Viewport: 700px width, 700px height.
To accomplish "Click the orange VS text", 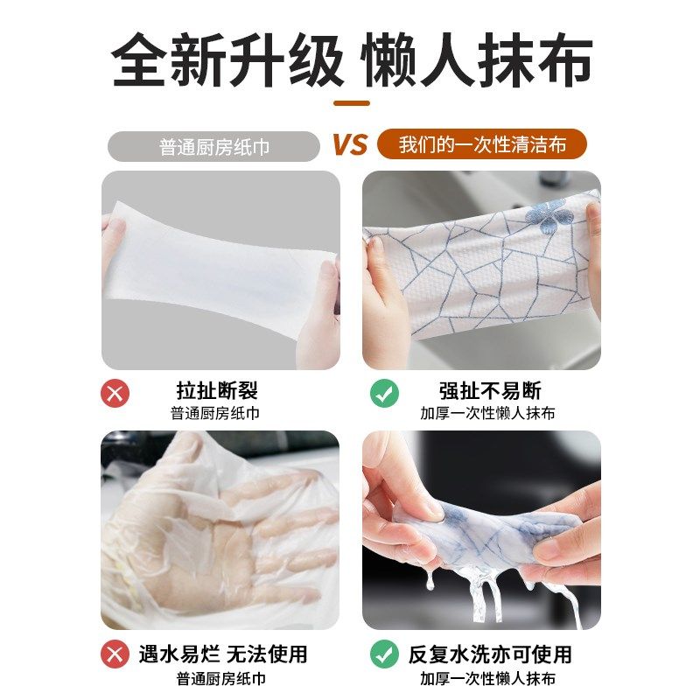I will point(350,144).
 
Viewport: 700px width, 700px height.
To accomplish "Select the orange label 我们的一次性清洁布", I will point(482,144).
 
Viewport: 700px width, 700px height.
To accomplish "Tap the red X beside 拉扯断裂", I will point(115,393).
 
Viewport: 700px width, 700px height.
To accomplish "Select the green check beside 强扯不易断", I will point(384,393).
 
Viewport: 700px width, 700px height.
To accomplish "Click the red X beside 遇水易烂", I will point(115,654).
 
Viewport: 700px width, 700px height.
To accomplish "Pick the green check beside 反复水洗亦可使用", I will point(384,654).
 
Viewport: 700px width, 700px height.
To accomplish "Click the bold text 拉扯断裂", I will point(217,390).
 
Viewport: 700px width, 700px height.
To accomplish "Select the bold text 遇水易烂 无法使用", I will point(223,654).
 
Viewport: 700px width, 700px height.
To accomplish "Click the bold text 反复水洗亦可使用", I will point(490,654).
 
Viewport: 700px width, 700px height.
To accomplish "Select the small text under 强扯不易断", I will point(487,413).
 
